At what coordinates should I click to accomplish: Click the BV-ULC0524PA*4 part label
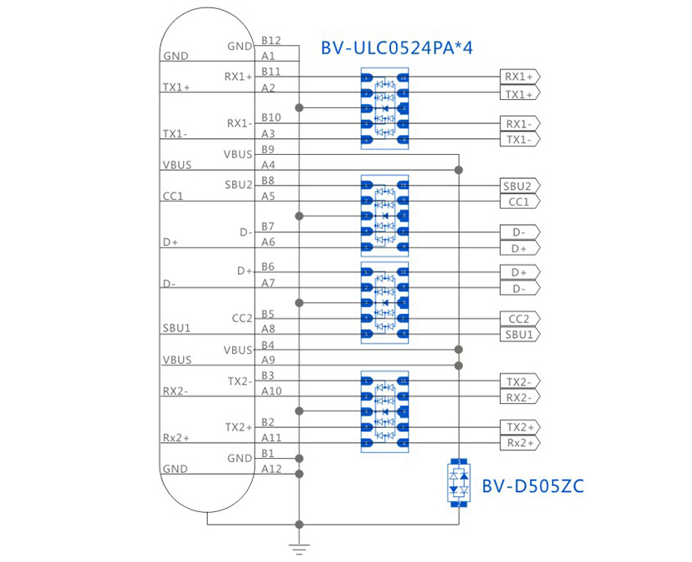pyautogui.click(x=396, y=47)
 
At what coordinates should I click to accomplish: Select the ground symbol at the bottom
pyautogui.click(x=299, y=548)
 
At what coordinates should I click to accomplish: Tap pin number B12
pyautogui.click(x=270, y=40)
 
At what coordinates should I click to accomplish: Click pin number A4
pyautogui.click(x=268, y=165)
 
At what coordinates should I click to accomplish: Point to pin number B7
pyautogui.click(x=268, y=226)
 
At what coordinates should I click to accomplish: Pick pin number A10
pyautogui.click(x=271, y=390)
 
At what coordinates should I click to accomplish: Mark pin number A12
pyautogui.click(x=271, y=469)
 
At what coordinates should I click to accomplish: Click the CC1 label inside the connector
pyautogui.click(x=174, y=196)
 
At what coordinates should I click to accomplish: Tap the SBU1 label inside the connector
pyautogui.click(x=177, y=328)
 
